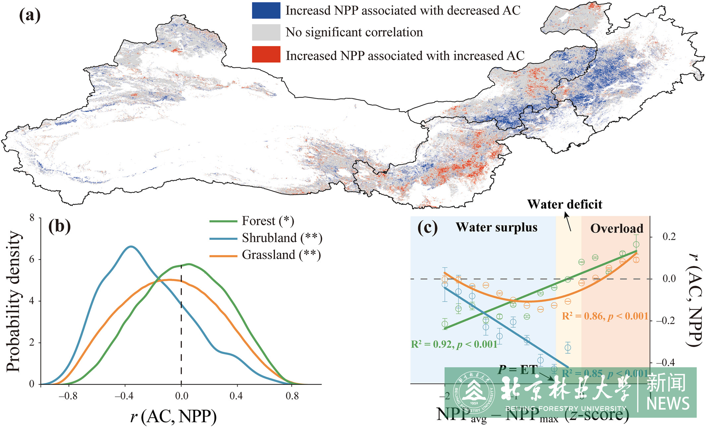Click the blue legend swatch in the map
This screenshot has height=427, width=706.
click(x=266, y=11)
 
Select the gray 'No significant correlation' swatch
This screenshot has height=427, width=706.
click(x=266, y=32)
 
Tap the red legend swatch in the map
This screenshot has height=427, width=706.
click(x=266, y=54)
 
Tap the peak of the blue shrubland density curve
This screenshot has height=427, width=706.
click(x=131, y=247)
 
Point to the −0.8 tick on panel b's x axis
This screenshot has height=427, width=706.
click(x=68, y=396)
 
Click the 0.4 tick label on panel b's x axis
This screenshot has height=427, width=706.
click(x=236, y=396)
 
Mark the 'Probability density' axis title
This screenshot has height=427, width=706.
click(x=14, y=302)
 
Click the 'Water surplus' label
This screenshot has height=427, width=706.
click(x=496, y=227)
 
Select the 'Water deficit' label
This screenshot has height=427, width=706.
click(x=565, y=204)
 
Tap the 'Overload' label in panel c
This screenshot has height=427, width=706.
click(x=617, y=229)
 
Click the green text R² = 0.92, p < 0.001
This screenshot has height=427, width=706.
click(x=454, y=344)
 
